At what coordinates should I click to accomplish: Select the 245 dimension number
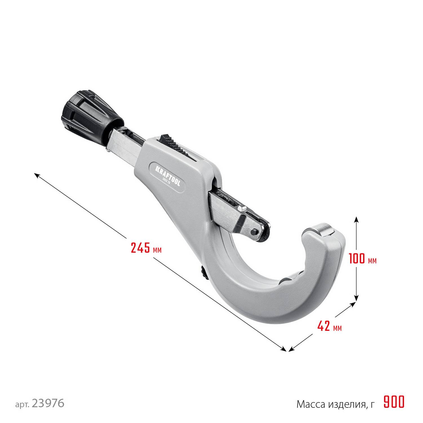140,248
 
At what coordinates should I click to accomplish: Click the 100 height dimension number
356,258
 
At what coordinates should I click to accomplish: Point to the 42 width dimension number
324,326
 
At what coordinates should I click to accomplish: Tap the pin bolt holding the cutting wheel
254,232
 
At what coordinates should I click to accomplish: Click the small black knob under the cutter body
203,272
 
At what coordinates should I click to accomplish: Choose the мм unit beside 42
338,328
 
